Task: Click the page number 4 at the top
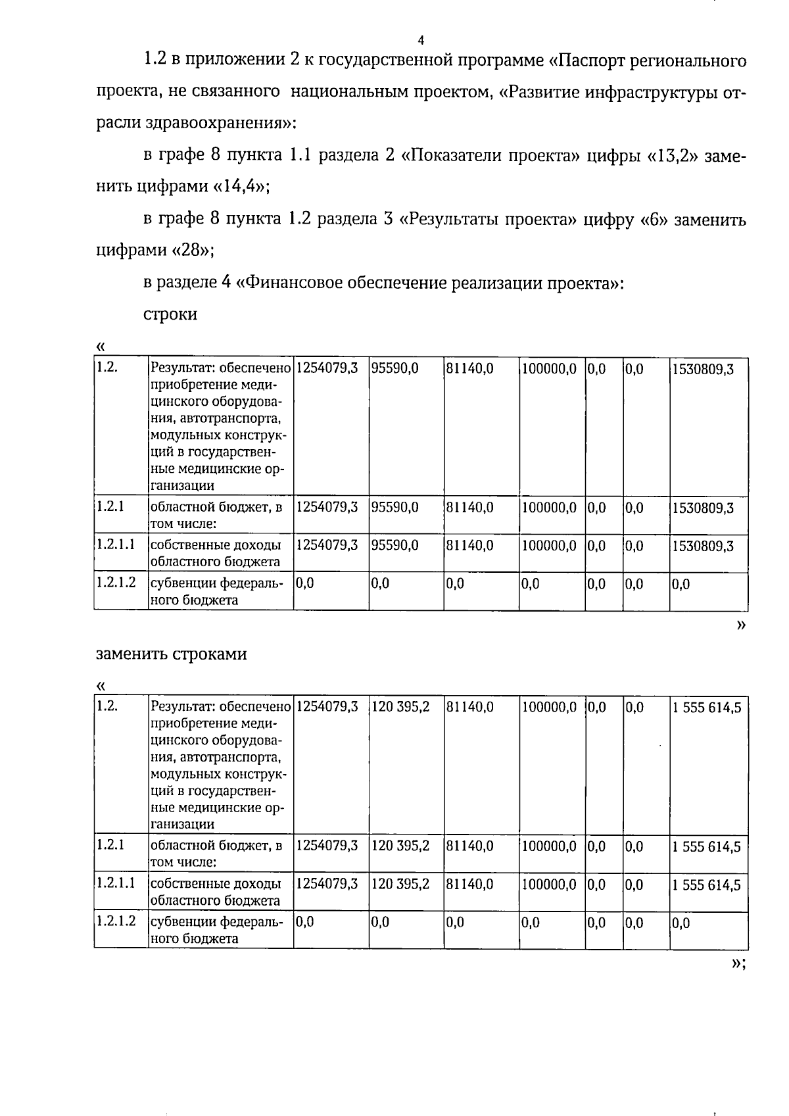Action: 421,39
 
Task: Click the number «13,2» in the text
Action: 671,156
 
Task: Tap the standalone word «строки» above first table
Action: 170,314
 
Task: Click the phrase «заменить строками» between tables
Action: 172,654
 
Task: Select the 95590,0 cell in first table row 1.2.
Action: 395,369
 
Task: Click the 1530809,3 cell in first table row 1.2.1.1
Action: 703,546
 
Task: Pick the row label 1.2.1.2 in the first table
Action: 116,583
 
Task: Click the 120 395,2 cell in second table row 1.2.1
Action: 400,846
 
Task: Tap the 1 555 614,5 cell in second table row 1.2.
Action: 707,708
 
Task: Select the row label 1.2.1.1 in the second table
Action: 116,883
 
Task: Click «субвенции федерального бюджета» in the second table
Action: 217,930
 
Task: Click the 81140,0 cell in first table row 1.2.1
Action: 470,508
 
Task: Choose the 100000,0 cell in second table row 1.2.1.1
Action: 549,885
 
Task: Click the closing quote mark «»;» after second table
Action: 738,963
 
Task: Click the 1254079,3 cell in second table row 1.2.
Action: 327,708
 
